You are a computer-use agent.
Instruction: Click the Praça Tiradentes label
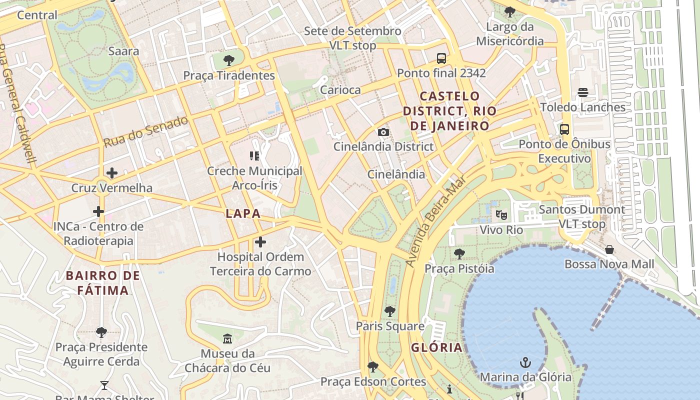(229, 75)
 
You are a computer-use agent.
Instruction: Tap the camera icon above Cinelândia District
(383, 132)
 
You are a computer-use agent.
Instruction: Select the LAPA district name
(243, 213)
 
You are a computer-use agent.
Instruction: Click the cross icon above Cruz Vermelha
(112, 173)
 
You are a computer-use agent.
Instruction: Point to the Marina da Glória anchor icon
(525, 362)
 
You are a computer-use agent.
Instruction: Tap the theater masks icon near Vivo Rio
(501, 215)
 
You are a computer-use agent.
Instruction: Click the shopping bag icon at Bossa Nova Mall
(609, 249)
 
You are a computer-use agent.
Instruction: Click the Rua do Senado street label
(145, 131)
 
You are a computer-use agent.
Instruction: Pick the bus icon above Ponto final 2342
(441, 58)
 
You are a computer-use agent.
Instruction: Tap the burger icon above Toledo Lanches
(582, 92)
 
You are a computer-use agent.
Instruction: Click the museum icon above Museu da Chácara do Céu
(227, 339)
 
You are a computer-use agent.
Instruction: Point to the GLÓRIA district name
(436, 347)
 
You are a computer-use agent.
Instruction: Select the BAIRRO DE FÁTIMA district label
(102, 282)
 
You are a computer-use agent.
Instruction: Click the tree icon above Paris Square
(390, 311)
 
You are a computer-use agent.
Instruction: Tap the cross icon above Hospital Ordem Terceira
(260, 242)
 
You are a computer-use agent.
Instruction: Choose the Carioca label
(340, 90)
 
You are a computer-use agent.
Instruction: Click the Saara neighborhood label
(123, 51)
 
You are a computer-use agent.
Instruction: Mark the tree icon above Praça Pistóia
(459, 254)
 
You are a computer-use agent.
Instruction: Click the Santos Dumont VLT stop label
(581, 216)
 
